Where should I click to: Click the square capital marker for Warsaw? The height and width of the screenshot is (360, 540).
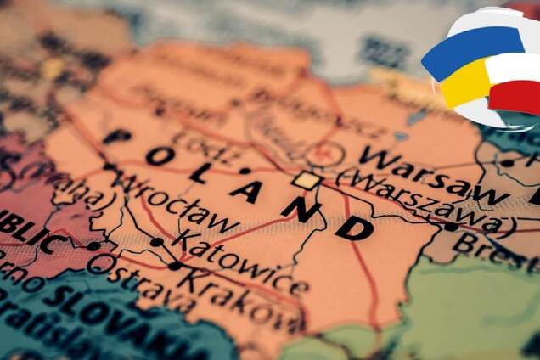307,180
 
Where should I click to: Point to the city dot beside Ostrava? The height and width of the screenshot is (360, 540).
93,246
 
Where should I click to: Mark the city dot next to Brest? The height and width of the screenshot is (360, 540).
450,227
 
